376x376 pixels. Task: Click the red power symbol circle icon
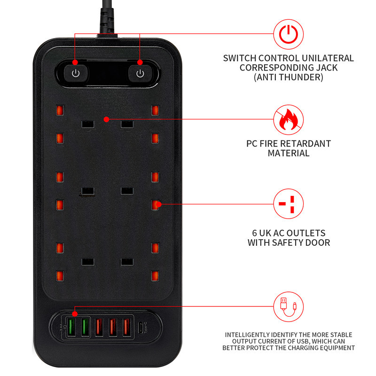pyautogui.click(x=289, y=34)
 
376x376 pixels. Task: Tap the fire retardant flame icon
pyautogui.click(x=289, y=119)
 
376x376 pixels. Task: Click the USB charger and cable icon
pyautogui.click(x=289, y=306)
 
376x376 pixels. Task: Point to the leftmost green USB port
pyautogui.click(x=74, y=327)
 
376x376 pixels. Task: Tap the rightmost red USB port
pyautogui.click(x=125, y=327)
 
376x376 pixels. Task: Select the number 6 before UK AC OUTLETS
pyautogui.click(x=255, y=233)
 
